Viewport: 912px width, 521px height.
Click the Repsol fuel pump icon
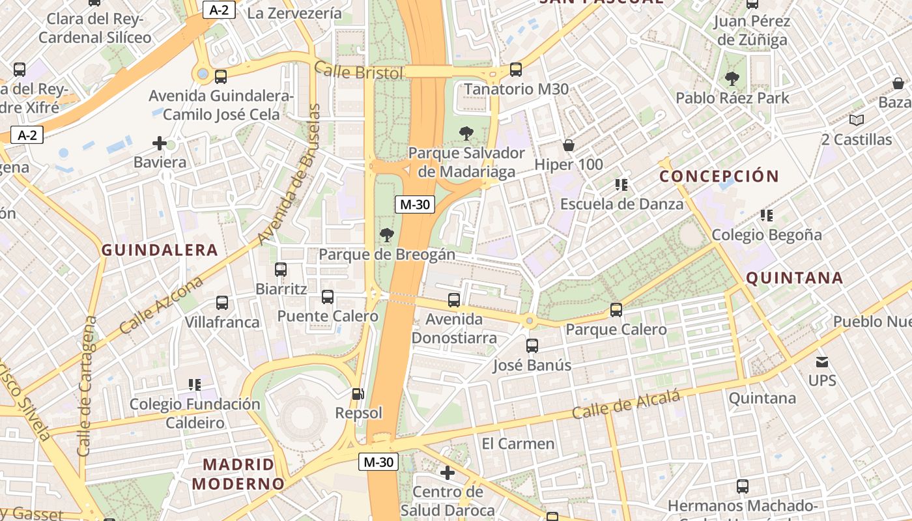[358, 393]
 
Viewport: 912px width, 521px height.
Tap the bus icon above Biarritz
[281, 269]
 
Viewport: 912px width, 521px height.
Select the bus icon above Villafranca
[222, 303]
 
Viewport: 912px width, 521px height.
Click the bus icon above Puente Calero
[328, 297]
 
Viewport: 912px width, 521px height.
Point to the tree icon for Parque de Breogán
[387, 234]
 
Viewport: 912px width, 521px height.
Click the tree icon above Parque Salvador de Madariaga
[466, 134]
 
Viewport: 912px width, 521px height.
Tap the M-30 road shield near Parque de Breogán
[415, 204]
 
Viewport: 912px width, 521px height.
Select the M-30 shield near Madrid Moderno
[378, 462]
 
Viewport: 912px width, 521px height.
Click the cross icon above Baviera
[160, 143]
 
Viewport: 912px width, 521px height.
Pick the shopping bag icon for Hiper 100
[569, 145]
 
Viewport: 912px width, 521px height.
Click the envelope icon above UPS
[822, 361]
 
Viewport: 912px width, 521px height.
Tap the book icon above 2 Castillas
[857, 120]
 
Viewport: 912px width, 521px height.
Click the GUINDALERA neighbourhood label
[160, 250]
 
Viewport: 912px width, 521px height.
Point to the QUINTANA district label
[794, 279]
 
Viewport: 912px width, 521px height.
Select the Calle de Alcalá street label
[626, 404]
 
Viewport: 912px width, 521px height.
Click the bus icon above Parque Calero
[616, 310]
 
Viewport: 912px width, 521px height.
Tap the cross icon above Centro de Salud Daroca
[448, 472]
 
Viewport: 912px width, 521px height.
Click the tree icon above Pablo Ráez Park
[732, 79]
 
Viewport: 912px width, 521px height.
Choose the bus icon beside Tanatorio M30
[516, 69]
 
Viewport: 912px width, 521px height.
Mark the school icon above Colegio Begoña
[767, 215]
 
